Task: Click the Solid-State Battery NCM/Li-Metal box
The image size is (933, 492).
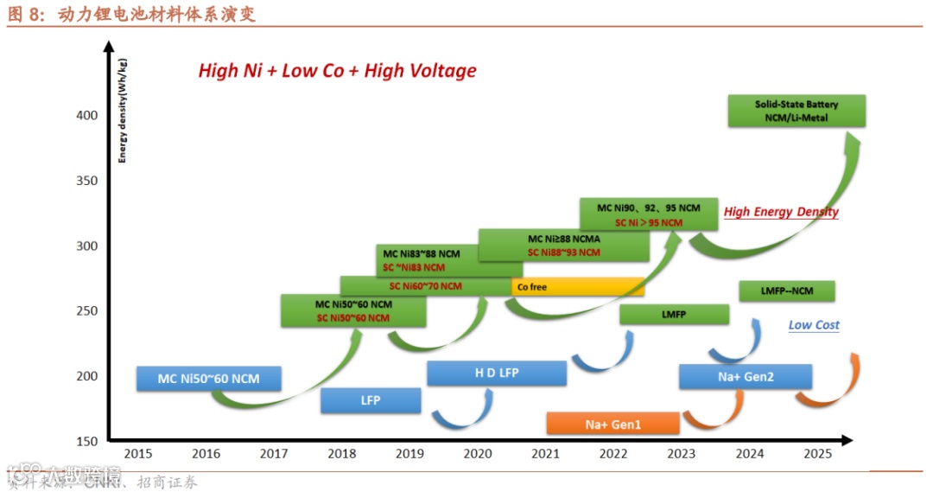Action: click(796, 111)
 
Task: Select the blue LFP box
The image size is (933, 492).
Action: click(371, 400)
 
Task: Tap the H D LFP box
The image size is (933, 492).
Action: click(497, 373)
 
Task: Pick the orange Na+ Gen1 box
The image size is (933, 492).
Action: click(613, 424)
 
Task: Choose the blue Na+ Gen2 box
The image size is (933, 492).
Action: click(745, 377)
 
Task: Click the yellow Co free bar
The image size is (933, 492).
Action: click(578, 287)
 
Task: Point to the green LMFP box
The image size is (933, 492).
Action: click(674, 315)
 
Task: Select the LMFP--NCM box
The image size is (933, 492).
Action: click(787, 291)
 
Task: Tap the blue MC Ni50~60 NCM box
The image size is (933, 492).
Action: click(208, 379)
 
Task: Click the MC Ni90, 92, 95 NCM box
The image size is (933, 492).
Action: click(649, 214)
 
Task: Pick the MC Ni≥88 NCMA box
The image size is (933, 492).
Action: click(563, 245)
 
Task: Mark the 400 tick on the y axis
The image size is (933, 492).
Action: click(89, 116)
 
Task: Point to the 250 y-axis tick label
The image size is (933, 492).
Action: click(89, 311)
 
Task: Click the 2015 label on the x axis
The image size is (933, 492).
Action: click(137, 453)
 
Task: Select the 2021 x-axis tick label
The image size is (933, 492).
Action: click(545, 453)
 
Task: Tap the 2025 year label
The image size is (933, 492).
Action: click(817, 453)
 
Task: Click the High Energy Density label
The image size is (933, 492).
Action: click(781, 212)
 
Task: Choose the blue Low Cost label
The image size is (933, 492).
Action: click(814, 325)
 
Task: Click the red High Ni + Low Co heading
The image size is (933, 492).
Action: click(337, 71)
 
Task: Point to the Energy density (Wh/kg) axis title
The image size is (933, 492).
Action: click(123, 111)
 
